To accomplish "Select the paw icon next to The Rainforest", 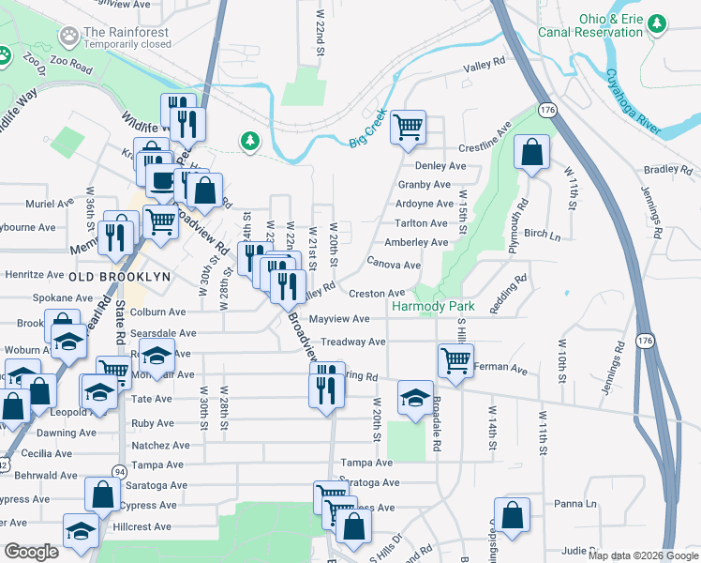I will (x=68, y=37).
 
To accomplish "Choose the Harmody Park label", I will (x=433, y=307).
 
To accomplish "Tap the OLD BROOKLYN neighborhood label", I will (x=119, y=277).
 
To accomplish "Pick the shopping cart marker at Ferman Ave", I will (x=455, y=358).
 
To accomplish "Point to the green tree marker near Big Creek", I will (x=249, y=141).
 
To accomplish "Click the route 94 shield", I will (x=119, y=470).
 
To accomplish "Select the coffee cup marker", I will (x=162, y=180).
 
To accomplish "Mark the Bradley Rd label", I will (x=666, y=170).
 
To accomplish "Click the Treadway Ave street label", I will (x=353, y=342).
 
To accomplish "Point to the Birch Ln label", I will (x=543, y=233).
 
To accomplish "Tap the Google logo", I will (x=32, y=552).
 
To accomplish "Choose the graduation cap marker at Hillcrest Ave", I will (x=82, y=531).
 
